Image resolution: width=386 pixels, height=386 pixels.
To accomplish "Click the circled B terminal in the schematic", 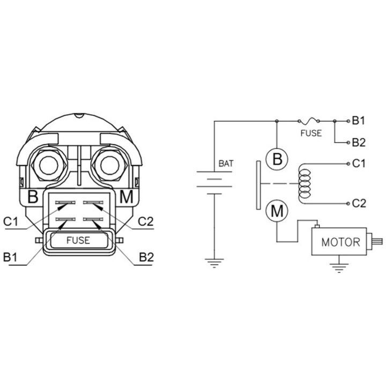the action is [277, 159].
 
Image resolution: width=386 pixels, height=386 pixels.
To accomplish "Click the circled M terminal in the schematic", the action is [277, 211].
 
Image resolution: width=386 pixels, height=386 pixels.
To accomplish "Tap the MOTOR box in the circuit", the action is [339, 241].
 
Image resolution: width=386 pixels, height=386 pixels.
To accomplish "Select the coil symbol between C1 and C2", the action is [305, 184].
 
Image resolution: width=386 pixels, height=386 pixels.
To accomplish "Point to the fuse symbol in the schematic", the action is [308, 121].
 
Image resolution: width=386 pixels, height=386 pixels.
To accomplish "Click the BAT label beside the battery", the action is [226, 164].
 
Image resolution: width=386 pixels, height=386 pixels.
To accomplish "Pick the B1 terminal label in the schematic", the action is [359, 121].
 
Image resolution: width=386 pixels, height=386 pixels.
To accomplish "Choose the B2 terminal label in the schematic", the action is [359, 143].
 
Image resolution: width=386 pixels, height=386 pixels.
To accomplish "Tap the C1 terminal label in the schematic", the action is [359, 164].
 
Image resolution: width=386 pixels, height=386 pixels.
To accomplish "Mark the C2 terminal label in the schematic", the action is [359, 203].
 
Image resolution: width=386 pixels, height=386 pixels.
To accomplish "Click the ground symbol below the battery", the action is [214, 263].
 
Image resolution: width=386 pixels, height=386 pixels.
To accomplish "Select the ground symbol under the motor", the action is [339, 268].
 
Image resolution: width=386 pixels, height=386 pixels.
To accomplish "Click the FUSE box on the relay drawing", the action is [79, 240].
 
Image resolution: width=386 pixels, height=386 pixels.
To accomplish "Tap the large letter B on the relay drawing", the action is [33, 197].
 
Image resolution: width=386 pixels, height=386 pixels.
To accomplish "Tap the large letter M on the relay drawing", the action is [126, 197].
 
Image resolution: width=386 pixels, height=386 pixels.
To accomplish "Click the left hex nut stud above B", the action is [49, 165].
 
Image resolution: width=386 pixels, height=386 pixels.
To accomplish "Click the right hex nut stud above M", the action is [110, 165].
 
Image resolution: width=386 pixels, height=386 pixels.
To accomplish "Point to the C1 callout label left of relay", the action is [11, 221].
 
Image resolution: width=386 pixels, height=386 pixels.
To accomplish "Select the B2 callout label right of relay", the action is [146, 257].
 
